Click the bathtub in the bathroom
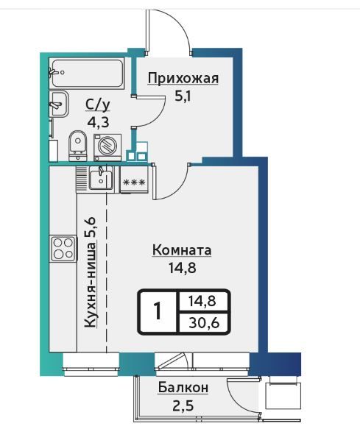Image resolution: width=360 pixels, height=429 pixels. click(x=86, y=73)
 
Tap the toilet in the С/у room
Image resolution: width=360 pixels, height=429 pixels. click(x=78, y=146)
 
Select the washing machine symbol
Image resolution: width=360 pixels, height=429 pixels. click(x=107, y=147)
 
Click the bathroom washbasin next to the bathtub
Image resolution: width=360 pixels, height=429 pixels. click(x=58, y=104)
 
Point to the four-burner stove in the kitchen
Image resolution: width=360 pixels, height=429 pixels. click(x=63, y=249)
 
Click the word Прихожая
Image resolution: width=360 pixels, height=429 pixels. click(x=183, y=79)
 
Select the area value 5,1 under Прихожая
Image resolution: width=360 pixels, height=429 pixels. click(x=183, y=96)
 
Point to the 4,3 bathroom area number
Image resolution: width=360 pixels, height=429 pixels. click(x=98, y=122)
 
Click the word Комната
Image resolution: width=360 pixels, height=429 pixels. click(x=182, y=250)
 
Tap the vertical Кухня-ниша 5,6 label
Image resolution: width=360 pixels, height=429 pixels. click(x=90, y=272)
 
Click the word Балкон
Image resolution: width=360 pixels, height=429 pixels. click(x=183, y=388)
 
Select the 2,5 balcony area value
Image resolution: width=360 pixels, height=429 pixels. click(x=183, y=405)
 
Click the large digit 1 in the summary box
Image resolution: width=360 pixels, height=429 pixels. click(x=158, y=311)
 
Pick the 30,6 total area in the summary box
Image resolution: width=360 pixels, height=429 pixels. click(x=204, y=323)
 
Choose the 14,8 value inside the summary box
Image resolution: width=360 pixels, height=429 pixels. click(x=202, y=301)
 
